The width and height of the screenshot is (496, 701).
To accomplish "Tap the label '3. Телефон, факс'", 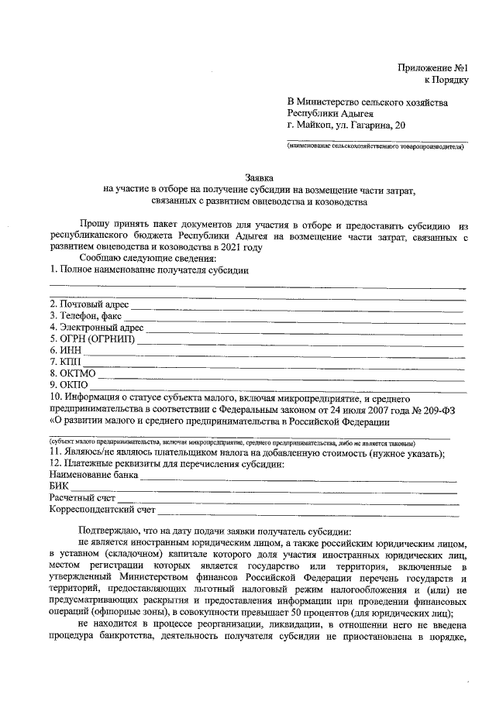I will (84, 315).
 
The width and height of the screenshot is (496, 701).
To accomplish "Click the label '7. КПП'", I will (64, 362).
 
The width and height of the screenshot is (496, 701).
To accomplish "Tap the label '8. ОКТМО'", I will (72, 373).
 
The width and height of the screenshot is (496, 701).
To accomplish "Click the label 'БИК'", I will (58, 486).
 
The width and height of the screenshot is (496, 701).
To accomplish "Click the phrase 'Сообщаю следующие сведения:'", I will (147, 257).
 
